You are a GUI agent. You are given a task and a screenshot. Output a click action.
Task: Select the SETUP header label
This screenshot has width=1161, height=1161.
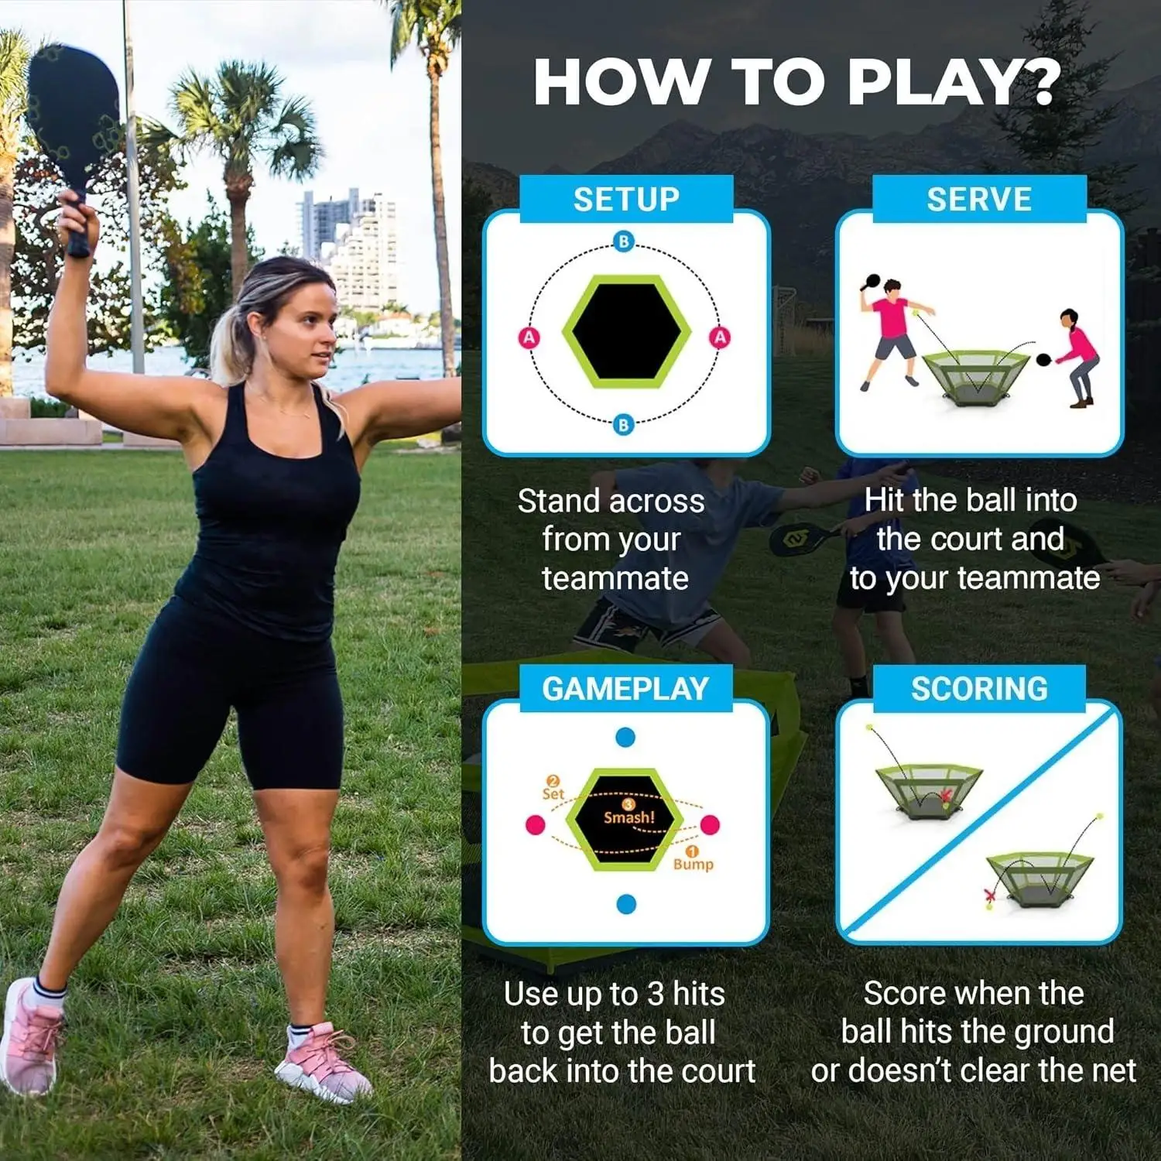tap(626, 200)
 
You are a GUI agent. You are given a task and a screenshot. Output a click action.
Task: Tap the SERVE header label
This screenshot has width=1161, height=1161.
tap(979, 200)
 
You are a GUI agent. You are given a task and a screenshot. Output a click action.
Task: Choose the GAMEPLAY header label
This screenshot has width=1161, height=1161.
tap(625, 689)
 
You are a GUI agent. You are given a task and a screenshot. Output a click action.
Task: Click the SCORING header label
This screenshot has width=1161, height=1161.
tap(979, 689)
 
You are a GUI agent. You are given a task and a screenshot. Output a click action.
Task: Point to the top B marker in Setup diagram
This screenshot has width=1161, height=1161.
tap(624, 241)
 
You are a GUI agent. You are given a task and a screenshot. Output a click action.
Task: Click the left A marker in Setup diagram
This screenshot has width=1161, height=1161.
tap(529, 337)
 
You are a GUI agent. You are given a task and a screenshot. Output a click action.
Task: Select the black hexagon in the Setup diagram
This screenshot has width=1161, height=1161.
tap(626, 331)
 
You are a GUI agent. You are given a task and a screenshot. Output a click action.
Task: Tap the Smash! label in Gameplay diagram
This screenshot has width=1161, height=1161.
tap(628, 817)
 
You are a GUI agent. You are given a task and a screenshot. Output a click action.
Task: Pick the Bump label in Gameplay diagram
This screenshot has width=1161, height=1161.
tap(693, 864)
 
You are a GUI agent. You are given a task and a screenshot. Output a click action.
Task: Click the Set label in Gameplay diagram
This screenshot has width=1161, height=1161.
tap(553, 793)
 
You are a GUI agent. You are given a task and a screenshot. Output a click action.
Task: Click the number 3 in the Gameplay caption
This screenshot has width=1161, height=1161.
tap(656, 995)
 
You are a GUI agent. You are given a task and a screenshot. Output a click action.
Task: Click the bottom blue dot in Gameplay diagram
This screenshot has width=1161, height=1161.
tap(626, 904)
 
